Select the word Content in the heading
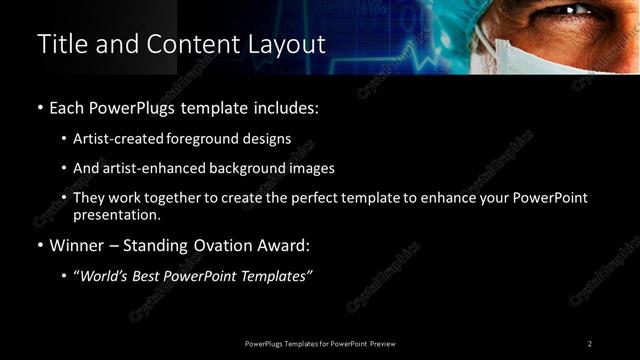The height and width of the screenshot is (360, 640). click(191, 45)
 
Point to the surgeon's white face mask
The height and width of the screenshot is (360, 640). click(560, 55)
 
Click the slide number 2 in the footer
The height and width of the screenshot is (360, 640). click(590, 343)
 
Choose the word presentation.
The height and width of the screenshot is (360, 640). click(115, 214)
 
